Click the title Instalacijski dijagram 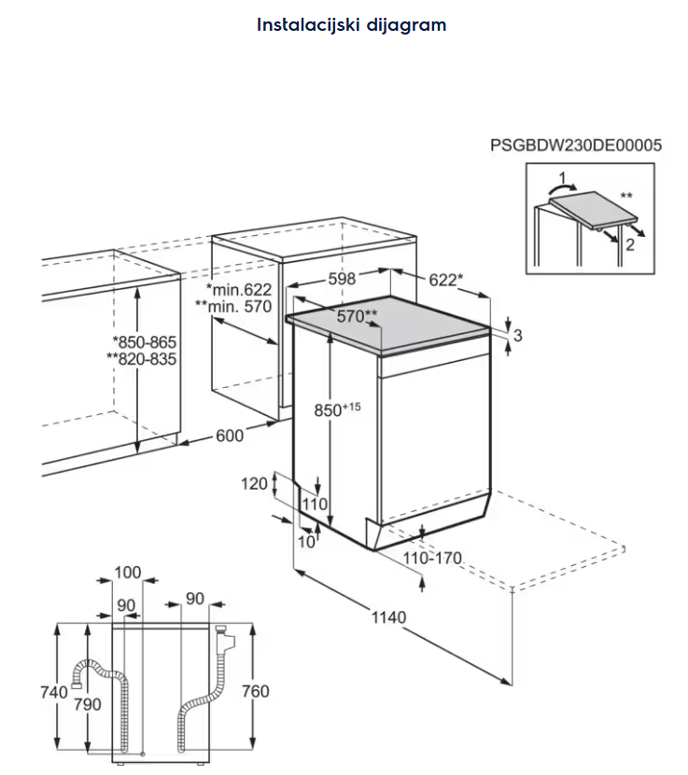(x=352, y=25)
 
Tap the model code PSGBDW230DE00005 (x=576, y=145)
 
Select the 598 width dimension (x=341, y=279)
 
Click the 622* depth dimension (x=446, y=280)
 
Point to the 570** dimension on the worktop (x=357, y=316)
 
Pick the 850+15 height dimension (x=337, y=409)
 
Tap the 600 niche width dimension (x=230, y=435)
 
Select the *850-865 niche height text (x=144, y=342)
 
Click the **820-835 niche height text (x=142, y=359)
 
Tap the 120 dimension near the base (x=254, y=483)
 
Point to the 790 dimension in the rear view (x=87, y=705)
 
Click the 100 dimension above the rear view (x=128, y=572)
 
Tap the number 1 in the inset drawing (x=563, y=176)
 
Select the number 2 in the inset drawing (x=629, y=244)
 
